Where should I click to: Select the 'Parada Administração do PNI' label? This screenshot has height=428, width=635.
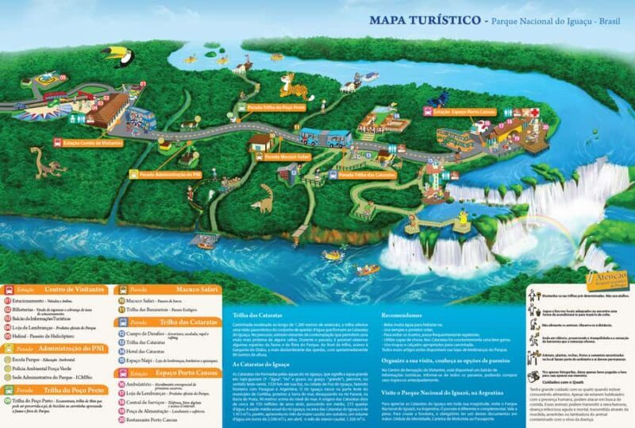point(169,173)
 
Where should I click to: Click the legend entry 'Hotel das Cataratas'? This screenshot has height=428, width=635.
point(142,350)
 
